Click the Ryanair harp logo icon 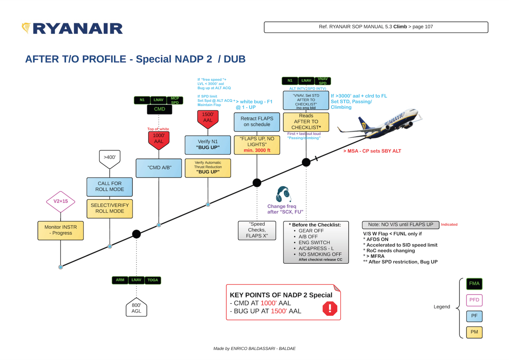[26, 28]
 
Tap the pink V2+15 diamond [60, 201]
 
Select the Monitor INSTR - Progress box [60, 230]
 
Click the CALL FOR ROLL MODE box [110, 186]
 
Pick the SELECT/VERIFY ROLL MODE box [110, 208]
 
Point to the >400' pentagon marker [110, 158]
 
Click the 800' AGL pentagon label [136, 308]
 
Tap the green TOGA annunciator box [153, 280]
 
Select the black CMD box [159, 109]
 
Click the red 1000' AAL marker [159, 139]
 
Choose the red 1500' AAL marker [208, 118]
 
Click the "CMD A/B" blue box [159, 168]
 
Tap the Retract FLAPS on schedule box [257, 122]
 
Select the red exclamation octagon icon [330, 308]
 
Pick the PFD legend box [474, 300]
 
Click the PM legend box [474, 332]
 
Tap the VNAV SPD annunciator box [322, 81]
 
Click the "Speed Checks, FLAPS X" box [257, 230]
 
